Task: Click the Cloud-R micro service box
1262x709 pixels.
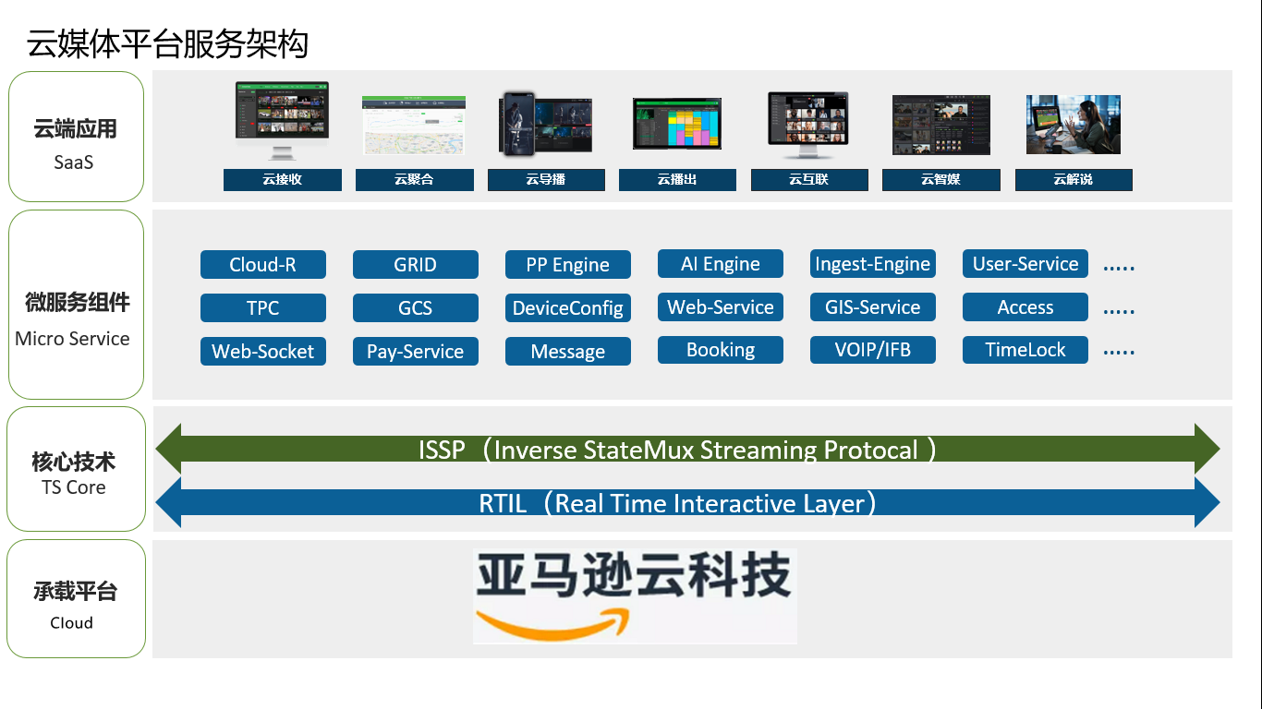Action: click(x=262, y=265)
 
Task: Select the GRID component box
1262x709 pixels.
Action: click(x=415, y=265)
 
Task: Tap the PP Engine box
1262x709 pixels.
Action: click(x=567, y=265)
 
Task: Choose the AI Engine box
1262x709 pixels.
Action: click(x=720, y=264)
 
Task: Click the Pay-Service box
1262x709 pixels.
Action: click(x=415, y=352)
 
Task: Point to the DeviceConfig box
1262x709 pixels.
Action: click(x=567, y=308)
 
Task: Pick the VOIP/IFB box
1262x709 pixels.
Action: click(x=872, y=350)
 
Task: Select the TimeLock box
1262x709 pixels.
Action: click(x=1025, y=350)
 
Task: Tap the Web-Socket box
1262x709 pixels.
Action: click(x=262, y=352)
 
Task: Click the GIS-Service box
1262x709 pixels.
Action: click(x=872, y=307)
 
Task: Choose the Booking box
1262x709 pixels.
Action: click(x=720, y=350)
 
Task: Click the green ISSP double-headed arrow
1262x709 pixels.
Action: click(x=687, y=450)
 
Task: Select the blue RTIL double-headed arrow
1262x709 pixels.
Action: click(x=687, y=503)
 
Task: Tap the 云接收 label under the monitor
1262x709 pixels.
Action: click(x=282, y=180)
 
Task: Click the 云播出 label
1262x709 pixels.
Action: click(x=677, y=180)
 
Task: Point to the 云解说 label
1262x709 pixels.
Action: click(x=1073, y=180)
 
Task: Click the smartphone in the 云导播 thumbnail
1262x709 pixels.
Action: click(x=517, y=124)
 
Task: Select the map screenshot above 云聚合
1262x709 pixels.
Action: click(x=413, y=125)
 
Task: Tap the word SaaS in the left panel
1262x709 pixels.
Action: click(x=74, y=162)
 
